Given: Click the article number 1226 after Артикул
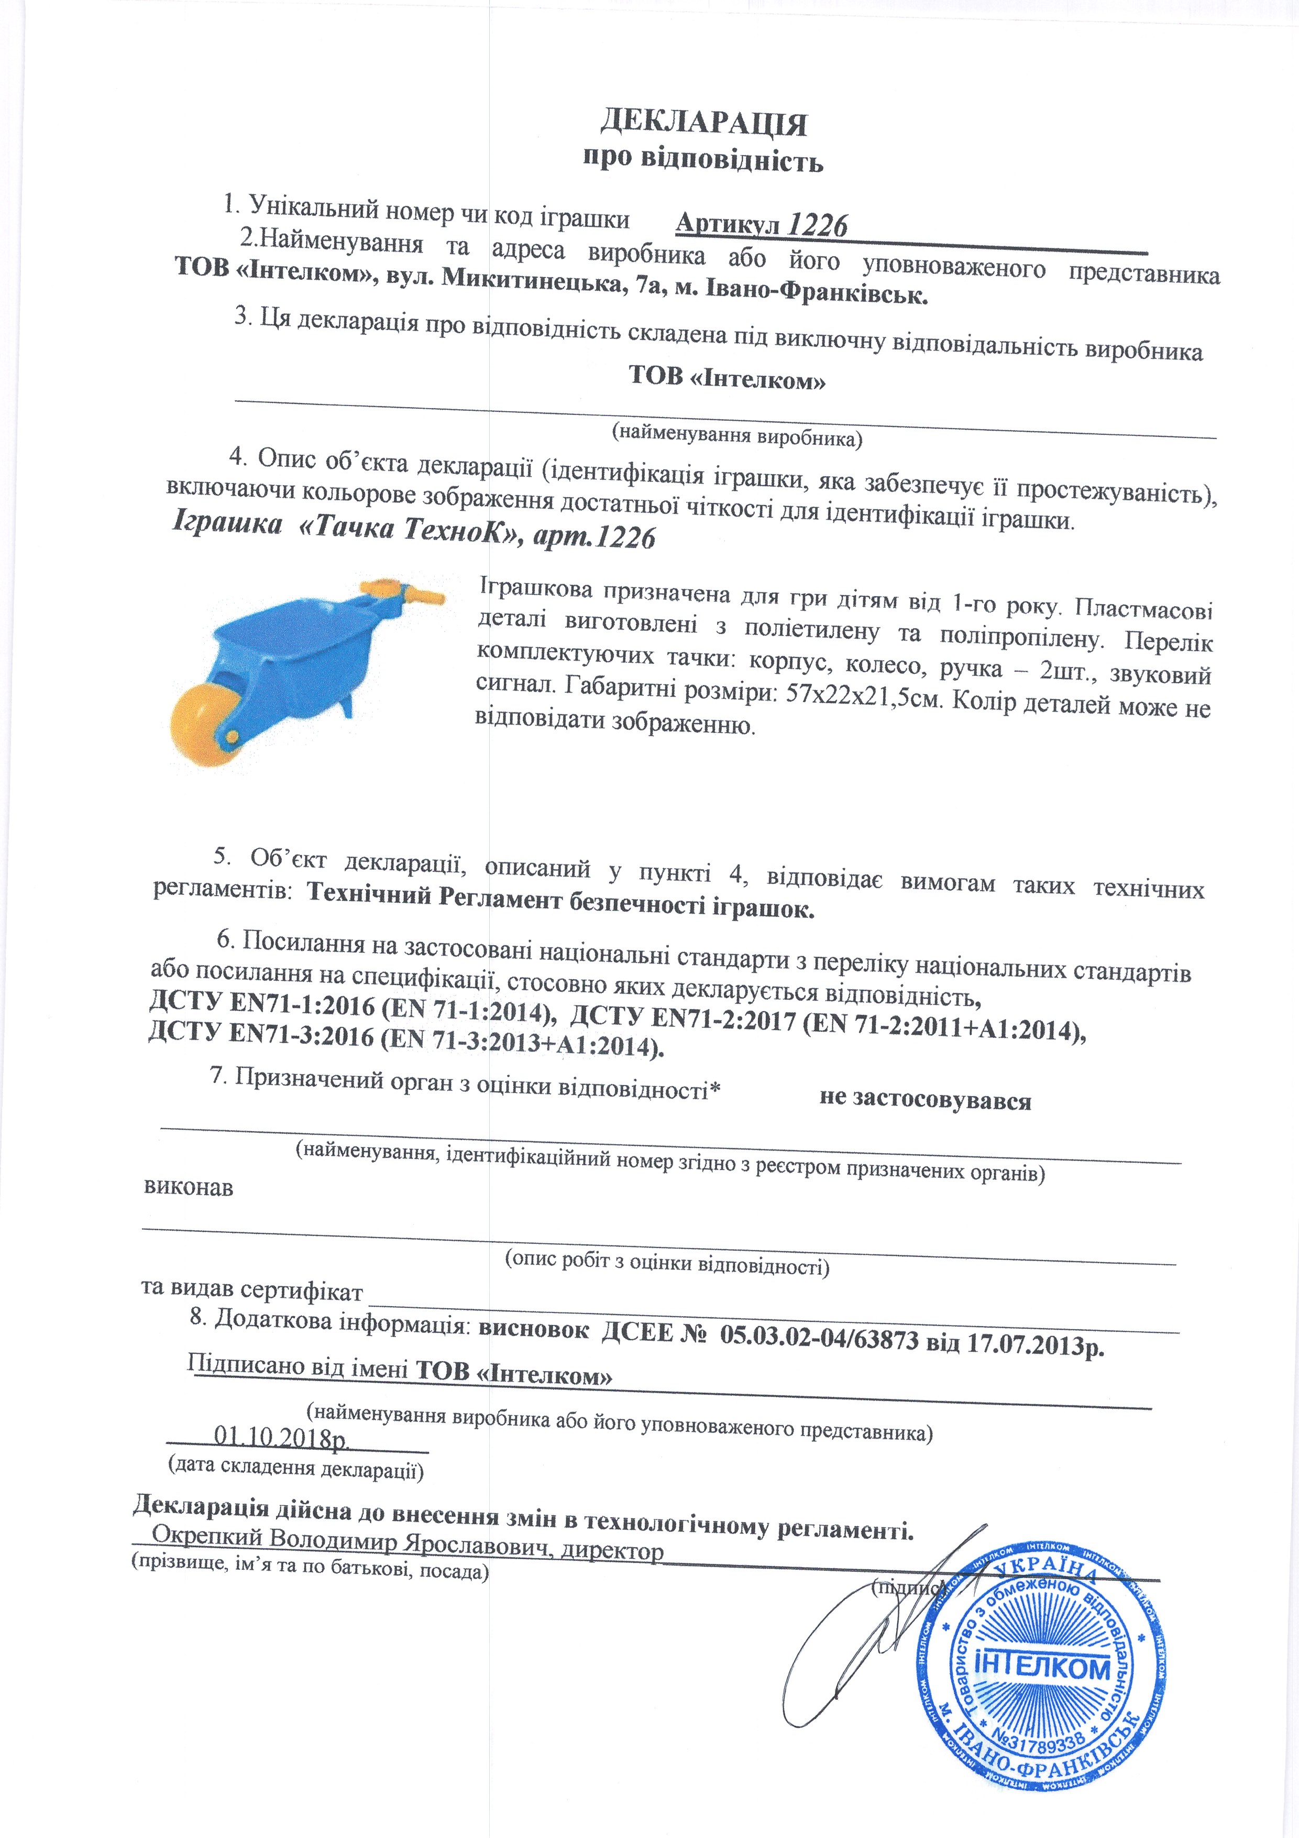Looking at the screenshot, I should point(817,226).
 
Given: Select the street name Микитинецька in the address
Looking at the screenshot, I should point(532,281).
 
